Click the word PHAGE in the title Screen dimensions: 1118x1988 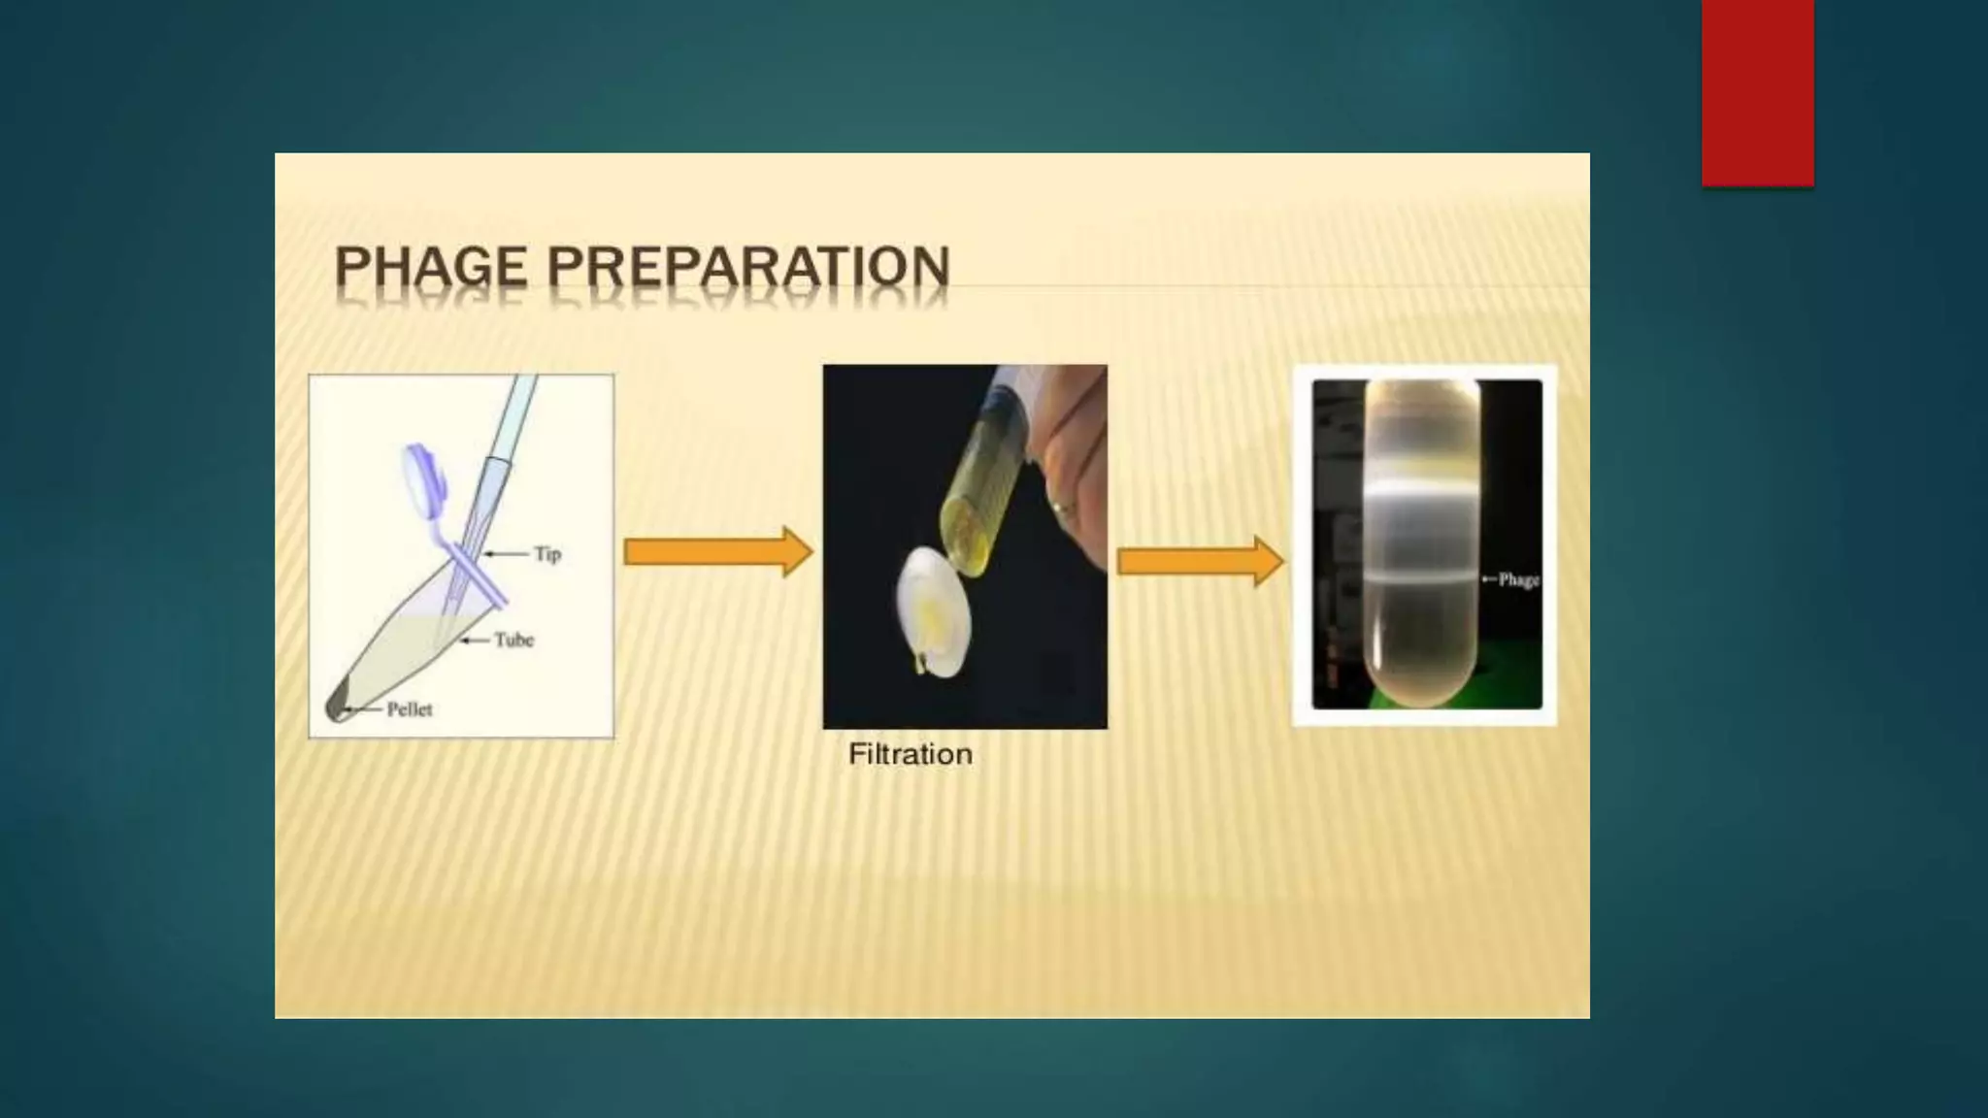(x=431, y=267)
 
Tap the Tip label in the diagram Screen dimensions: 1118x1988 (x=547, y=554)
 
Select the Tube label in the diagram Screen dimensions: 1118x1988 (x=514, y=640)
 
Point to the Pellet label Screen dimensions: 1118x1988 (x=410, y=709)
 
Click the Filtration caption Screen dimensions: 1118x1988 (x=910, y=754)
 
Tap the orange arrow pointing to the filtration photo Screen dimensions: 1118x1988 (x=717, y=552)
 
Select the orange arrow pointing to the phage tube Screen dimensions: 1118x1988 (x=1201, y=561)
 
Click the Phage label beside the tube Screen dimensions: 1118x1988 (x=1518, y=579)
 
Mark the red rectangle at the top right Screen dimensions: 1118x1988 (x=1757, y=92)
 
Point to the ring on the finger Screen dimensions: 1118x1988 (x=1062, y=506)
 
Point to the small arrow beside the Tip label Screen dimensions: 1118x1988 (x=505, y=554)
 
